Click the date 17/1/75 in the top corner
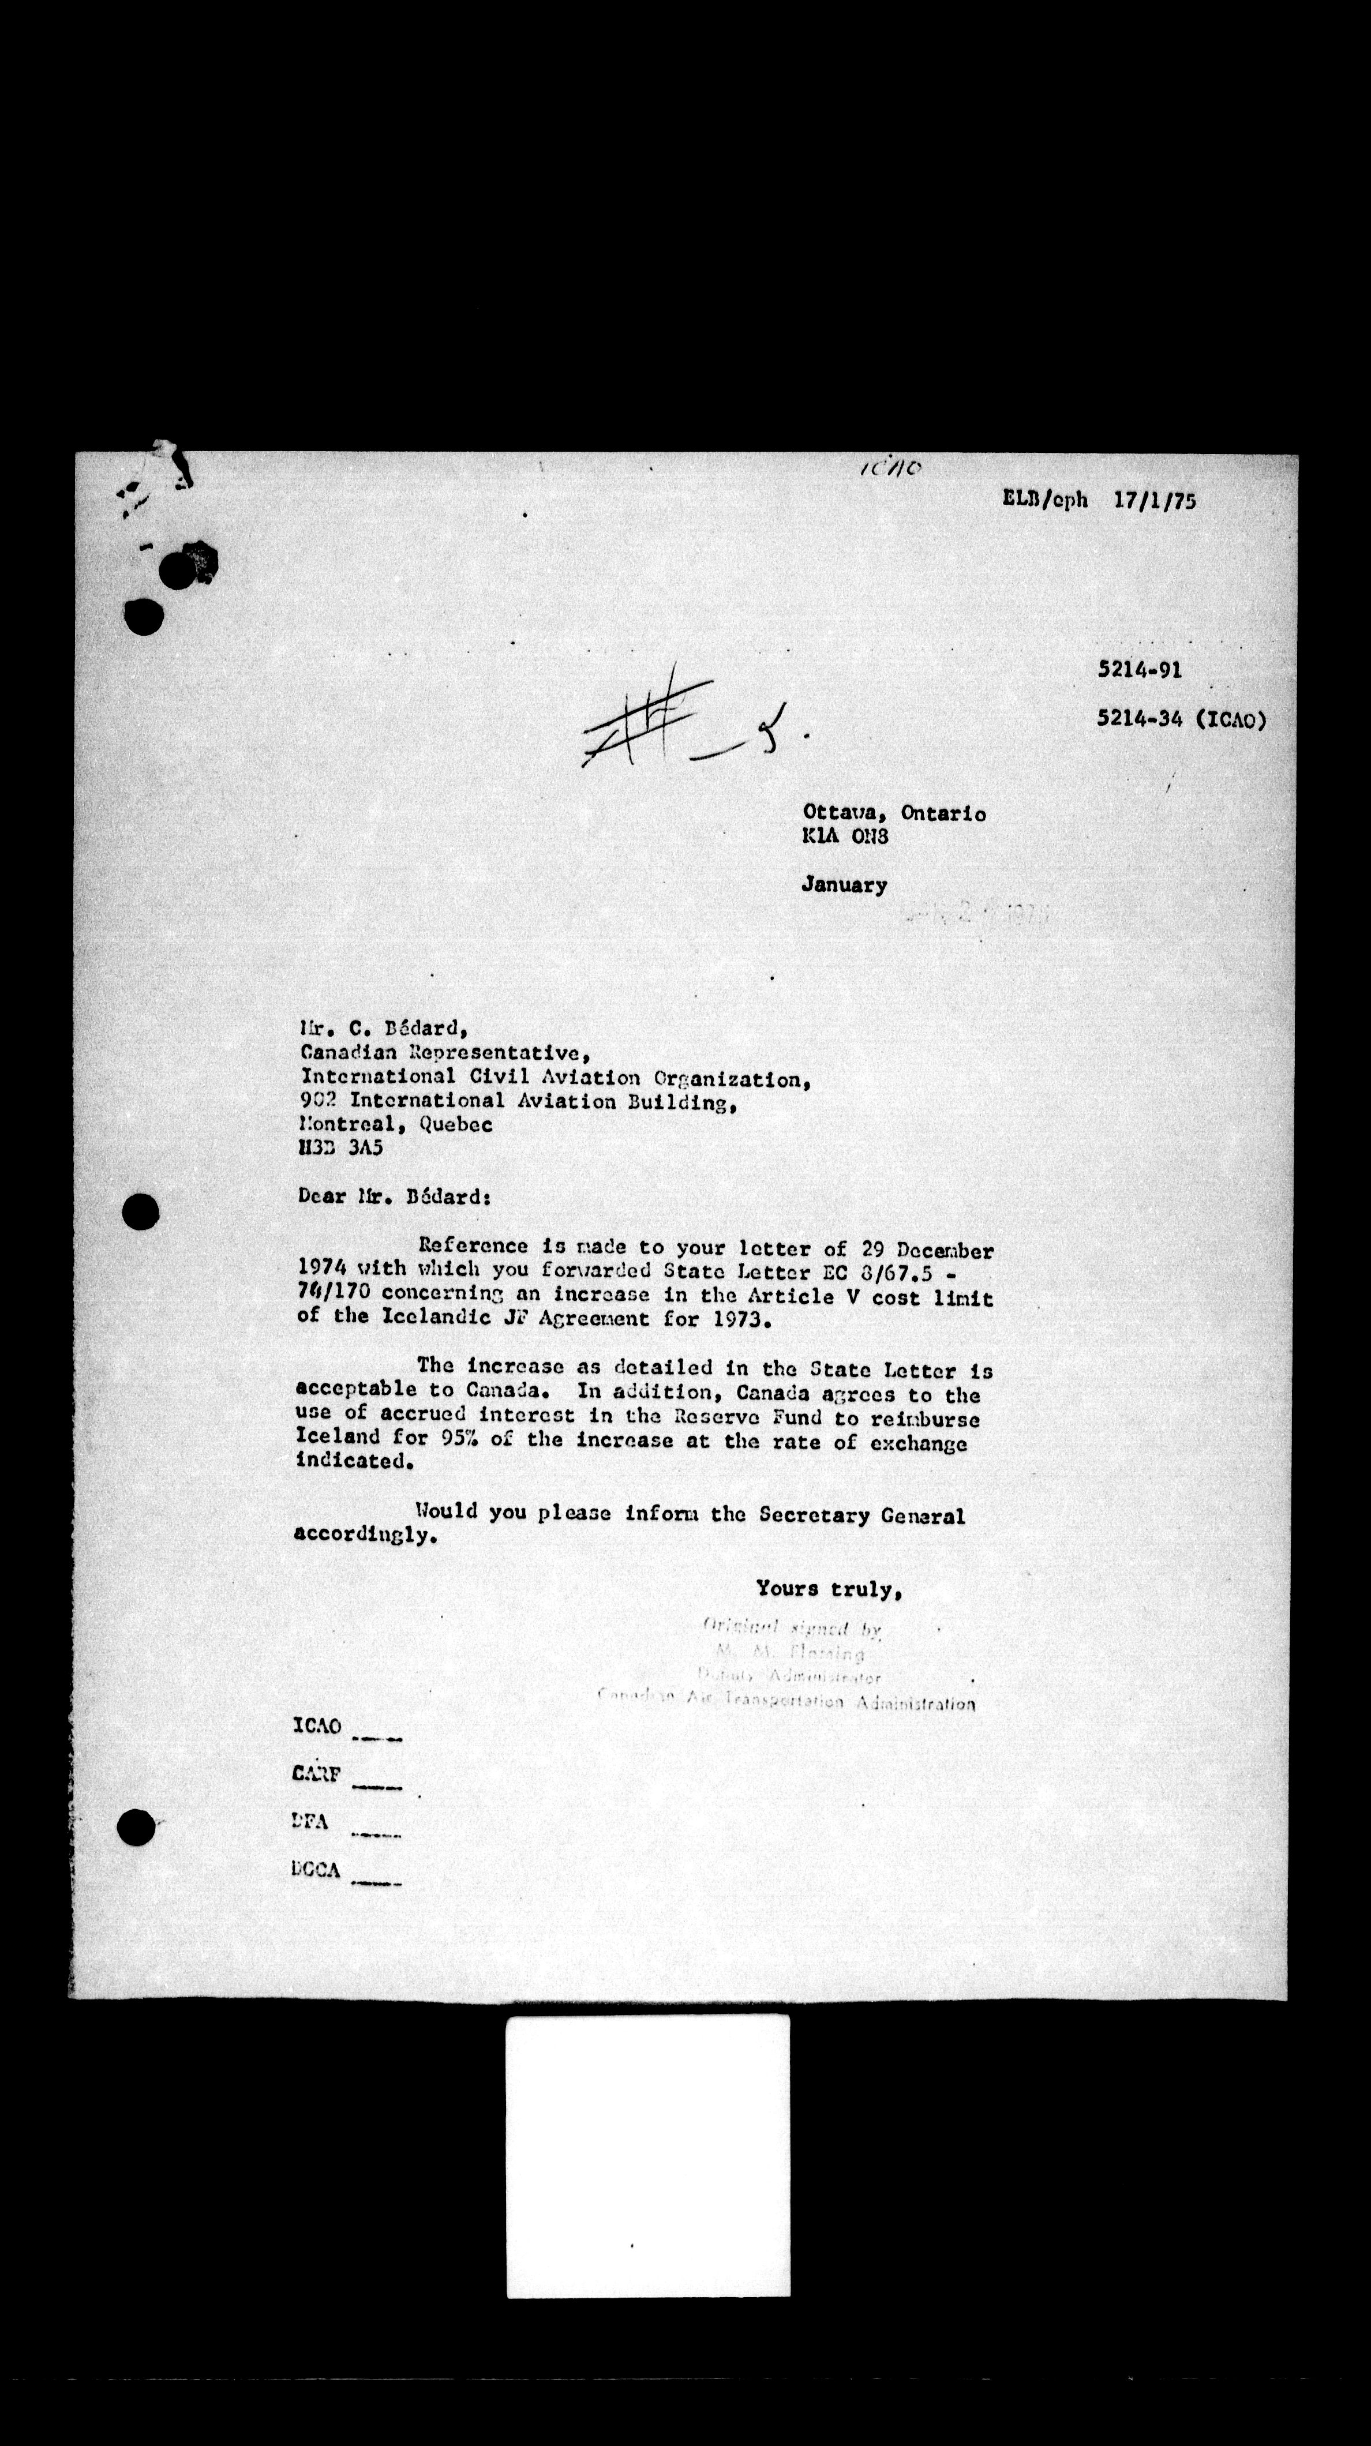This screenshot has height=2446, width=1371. click(1155, 500)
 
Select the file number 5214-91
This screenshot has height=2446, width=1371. click(1140, 669)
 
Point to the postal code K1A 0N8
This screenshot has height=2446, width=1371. click(845, 838)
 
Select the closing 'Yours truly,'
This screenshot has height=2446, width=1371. click(828, 1589)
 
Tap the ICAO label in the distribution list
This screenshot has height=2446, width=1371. click(316, 1725)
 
